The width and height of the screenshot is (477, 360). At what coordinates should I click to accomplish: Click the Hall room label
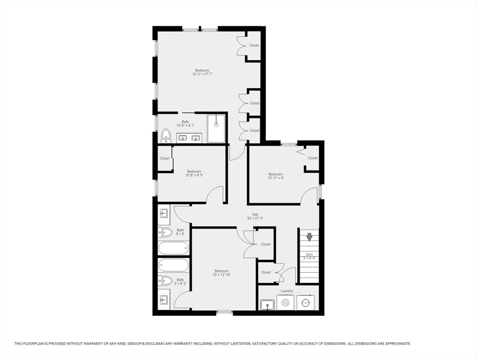coord(255,214)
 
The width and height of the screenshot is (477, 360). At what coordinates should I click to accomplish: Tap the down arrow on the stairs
coord(309,237)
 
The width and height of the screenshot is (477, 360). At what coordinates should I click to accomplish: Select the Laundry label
coord(287,291)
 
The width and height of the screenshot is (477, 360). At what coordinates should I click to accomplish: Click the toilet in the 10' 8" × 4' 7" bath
coord(166,136)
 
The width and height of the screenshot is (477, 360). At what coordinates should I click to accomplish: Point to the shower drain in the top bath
coord(216,124)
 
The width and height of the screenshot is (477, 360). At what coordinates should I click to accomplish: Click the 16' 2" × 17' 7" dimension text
coord(202,74)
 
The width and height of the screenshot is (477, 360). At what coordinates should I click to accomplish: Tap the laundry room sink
coord(268,304)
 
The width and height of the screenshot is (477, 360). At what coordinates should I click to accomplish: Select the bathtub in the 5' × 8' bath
coord(173,248)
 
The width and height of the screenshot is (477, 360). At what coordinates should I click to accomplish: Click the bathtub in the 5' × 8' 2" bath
coord(173,265)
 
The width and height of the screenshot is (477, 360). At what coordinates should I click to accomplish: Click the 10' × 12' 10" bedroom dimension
coord(222,275)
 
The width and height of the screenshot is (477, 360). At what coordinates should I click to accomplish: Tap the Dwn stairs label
coord(309,255)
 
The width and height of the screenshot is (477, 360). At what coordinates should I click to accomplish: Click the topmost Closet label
coord(254,45)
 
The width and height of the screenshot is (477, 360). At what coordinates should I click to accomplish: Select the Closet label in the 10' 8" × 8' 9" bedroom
coord(164,158)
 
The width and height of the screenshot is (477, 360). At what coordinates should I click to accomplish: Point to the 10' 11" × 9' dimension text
coord(276,178)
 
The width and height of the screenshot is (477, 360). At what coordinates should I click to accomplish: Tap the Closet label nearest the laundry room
coord(266,272)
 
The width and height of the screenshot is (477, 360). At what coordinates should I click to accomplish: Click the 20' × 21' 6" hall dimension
coord(255,218)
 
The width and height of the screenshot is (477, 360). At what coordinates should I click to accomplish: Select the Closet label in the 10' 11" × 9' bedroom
coord(313,158)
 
